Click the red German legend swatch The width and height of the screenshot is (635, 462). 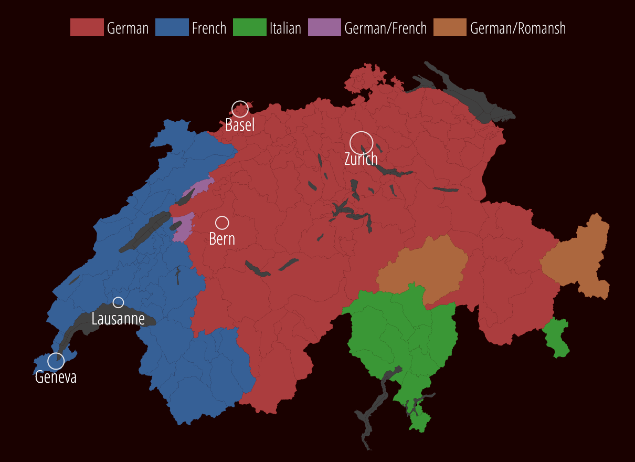pyautogui.click(x=87, y=27)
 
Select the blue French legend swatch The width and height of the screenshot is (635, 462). pyautogui.click(x=172, y=27)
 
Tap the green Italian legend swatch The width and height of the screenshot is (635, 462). pyautogui.click(x=249, y=27)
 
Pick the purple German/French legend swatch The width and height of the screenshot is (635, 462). pyautogui.click(x=324, y=27)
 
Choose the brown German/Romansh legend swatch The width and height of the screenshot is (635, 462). pyautogui.click(x=450, y=27)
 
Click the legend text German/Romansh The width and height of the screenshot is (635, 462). pyautogui.click(x=518, y=28)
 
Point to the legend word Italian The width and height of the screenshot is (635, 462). pyautogui.click(x=285, y=28)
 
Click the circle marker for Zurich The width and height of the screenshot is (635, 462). pyautogui.click(x=361, y=143)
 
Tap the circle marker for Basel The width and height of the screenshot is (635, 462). pyautogui.click(x=240, y=109)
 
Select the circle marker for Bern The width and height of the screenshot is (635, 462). pyautogui.click(x=222, y=223)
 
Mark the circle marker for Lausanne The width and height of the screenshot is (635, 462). pyautogui.click(x=118, y=302)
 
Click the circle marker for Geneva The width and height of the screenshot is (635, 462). pyautogui.click(x=56, y=361)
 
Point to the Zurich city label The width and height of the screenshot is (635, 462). pyautogui.click(x=361, y=159)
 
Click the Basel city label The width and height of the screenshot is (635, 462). pyautogui.click(x=240, y=125)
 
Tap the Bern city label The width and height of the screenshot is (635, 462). pyautogui.click(x=222, y=239)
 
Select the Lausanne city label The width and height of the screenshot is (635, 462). pyautogui.click(x=118, y=319)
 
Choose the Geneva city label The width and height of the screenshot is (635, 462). pyautogui.click(x=56, y=377)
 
